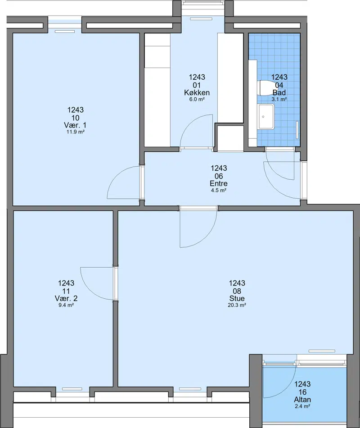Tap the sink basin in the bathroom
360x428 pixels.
pos(266,117)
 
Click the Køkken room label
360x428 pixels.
pos(197,92)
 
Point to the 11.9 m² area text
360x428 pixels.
pos(76,132)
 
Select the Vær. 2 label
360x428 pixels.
pos(66,298)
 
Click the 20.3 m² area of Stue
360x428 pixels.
pos(237,305)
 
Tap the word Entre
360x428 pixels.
pos(219,183)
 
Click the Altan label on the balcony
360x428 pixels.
pos(302,400)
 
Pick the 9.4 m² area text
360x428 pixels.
pos(66,305)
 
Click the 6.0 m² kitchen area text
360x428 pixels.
pos(197,100)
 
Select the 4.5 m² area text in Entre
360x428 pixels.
pos(219,190)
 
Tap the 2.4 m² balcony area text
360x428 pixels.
pos(302,406)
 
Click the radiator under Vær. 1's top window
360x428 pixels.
pos(65,32)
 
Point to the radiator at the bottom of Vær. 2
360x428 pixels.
pos(72,389)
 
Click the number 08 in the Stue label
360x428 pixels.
pos(237,291)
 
